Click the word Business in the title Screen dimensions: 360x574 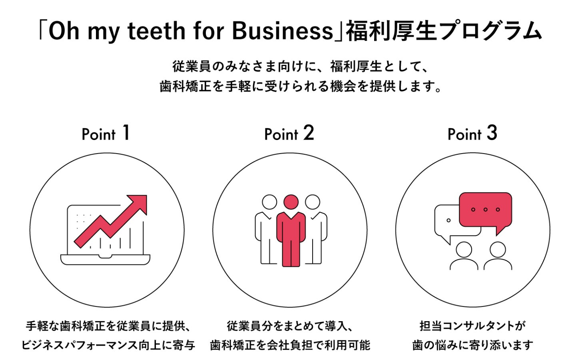[282, 31]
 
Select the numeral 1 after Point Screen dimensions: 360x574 [126, 133]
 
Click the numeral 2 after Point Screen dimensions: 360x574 [309, 133]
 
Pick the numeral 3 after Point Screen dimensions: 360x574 [492, 133]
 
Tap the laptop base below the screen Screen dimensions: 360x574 [105, 260]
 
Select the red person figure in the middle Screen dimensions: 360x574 [291, 232]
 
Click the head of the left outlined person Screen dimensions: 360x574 [269, 202]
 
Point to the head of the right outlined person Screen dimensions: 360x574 [312, 202]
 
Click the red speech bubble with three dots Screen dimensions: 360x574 [485, 210]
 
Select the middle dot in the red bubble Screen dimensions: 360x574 [485, 209]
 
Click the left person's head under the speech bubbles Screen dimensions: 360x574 [464, 250]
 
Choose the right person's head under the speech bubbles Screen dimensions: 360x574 [498, 250]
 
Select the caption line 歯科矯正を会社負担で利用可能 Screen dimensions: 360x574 [290, 345]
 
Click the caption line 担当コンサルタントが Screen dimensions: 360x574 [472, 326]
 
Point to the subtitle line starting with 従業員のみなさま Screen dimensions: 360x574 [301, 66]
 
